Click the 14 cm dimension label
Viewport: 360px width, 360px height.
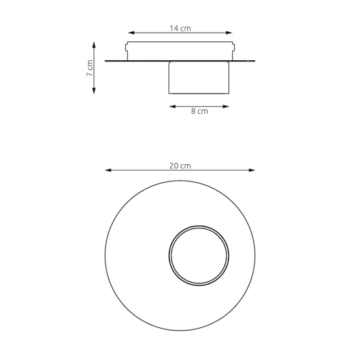pyautogui.click(x=180, y=28)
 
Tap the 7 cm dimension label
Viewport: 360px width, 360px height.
pyautogui.click(x=90, y=68)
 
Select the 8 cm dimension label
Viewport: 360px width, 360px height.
pyautogui.click(x=200, y=111)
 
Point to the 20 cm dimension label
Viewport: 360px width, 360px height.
pyautogui.click(x=180, y=166)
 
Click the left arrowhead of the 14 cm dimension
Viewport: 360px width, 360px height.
pyautogui.click(x=131, y=33)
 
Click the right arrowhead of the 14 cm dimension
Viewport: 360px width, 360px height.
pyautogui.click(x=229, y=33)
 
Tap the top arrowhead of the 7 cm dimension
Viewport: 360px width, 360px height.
pyautogui.click(x=94, y=45)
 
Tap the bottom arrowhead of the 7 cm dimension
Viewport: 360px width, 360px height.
pyautogui.click(x=94, y=91)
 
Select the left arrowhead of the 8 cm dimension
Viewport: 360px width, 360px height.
pyautogui.click(x=172, y=106)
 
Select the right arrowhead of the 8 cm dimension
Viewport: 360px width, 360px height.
pyautogui.click(x=226, y=106)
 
